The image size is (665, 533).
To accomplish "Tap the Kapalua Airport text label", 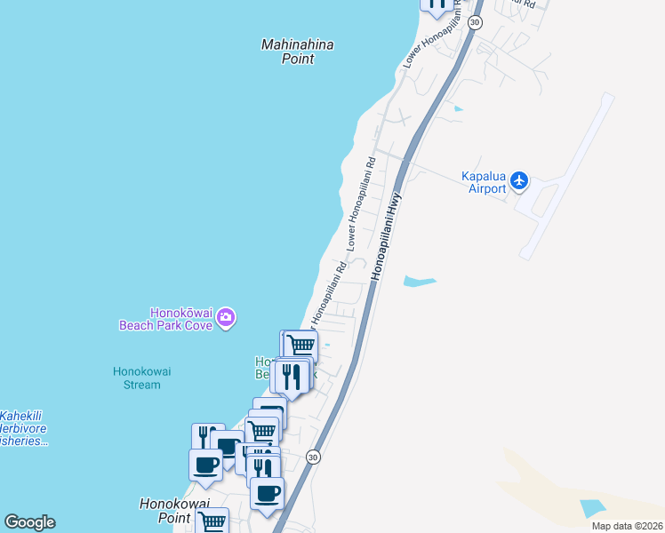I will point(484,182).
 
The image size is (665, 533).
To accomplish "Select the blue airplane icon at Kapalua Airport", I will point(520,182).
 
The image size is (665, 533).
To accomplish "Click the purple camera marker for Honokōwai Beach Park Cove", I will point(226,317).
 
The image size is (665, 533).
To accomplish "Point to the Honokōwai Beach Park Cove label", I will point(166,319).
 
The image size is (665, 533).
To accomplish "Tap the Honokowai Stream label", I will point(137,378).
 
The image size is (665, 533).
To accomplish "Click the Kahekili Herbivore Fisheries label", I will point(22,428).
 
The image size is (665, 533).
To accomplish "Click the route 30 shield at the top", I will point(476,21).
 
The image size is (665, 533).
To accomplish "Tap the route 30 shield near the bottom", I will point(313,457).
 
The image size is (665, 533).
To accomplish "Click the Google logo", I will point(29,522).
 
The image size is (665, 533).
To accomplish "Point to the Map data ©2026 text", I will point(627,526).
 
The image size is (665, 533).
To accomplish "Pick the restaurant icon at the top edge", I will point(437,4).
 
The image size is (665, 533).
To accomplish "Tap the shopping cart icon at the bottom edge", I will point(212,522).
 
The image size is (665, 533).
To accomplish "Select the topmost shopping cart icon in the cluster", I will point(300,346).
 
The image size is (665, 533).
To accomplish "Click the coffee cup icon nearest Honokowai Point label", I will point(205,465).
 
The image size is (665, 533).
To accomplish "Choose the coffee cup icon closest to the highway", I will point(266,491).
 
